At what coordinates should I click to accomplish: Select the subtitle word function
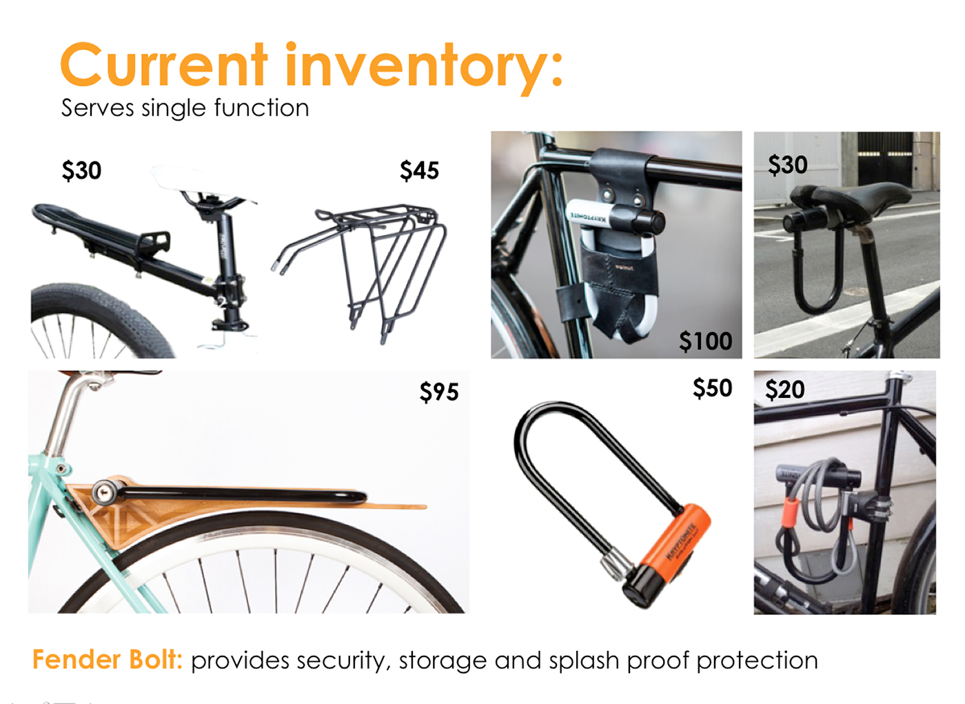[261, 108]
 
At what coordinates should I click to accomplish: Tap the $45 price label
[419, 170]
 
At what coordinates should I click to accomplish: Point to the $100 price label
[705, 341]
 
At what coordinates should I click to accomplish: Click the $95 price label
[439, 392]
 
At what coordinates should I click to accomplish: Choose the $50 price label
[712, 388]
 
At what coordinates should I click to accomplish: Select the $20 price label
[784, 390]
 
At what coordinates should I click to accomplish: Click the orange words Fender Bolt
[107, 660]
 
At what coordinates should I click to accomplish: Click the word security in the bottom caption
[346, 661]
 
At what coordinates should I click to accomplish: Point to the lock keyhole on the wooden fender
[104, 492]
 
